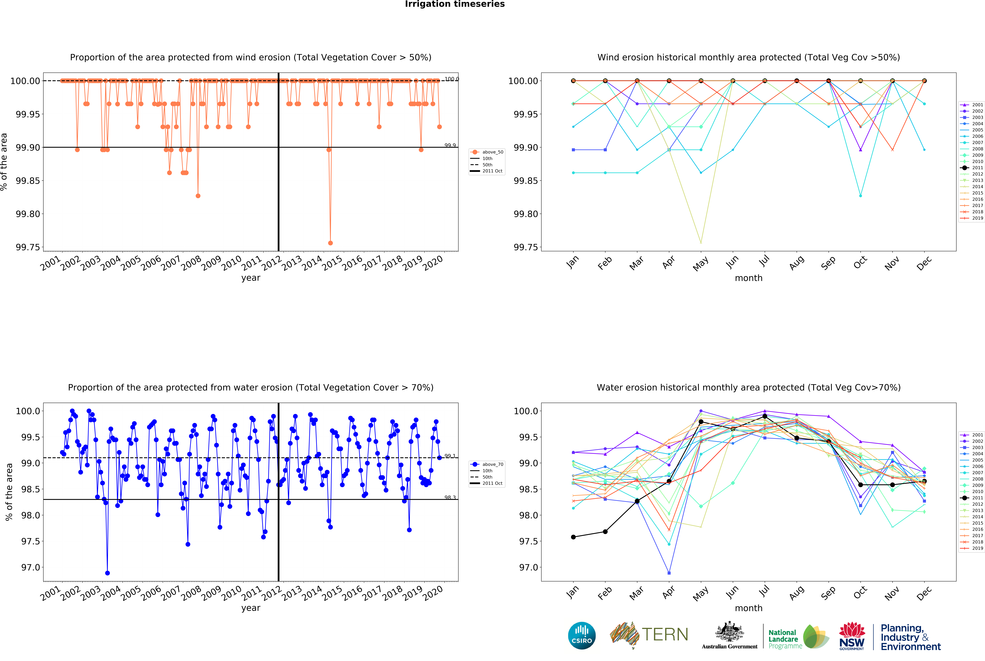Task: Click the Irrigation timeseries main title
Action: point(454,4)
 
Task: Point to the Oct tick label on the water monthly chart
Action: point(860,593)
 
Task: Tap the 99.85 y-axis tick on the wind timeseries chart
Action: point(28,181)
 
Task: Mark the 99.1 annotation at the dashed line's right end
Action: point(450,456)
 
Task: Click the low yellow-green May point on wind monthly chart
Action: point(701,243)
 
